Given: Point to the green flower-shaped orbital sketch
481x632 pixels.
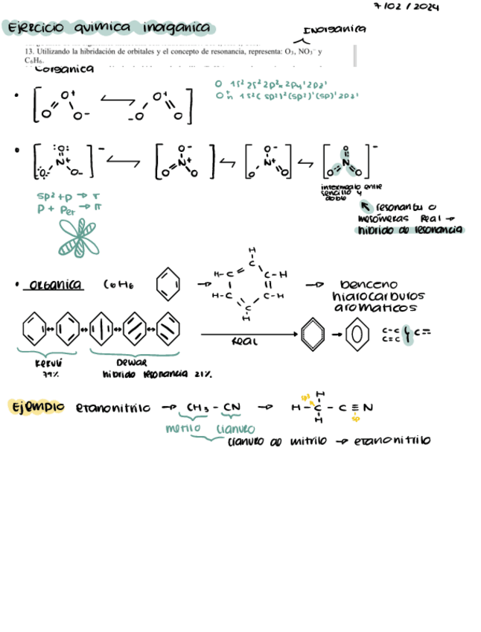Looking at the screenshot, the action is [x=78, y=238].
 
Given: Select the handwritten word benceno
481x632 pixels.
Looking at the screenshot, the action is [x=369, y=285].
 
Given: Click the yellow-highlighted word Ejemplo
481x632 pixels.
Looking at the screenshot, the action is [x=36, y=408].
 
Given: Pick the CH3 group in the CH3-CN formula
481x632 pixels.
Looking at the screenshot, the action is [x=197, y=408].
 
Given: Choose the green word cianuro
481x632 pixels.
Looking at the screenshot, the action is [x=235, y=429].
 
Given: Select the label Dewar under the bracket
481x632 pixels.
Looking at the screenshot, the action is [x=131, y=363].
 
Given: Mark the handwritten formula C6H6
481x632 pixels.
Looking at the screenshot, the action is [x=120, y=285].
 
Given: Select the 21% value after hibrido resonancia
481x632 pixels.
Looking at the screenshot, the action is [x=203, y=374].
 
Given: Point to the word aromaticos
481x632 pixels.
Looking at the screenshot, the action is [x=376, y=308].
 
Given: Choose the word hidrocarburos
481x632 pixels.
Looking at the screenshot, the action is [x=376, y=296].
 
